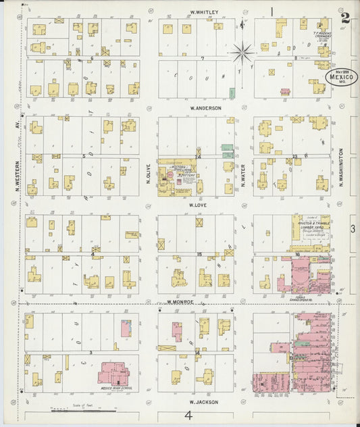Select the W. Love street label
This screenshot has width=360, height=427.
(197, 205)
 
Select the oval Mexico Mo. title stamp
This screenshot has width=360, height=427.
(340, 76)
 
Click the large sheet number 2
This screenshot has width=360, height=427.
(345, 18)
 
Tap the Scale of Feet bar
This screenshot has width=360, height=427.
(74, 410)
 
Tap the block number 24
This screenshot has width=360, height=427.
(198, 157)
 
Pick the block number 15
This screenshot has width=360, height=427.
(199, 253)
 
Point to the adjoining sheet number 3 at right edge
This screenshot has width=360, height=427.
(352, 229)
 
